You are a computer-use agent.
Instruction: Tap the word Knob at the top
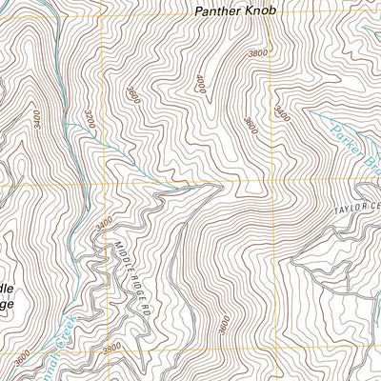[260, 11]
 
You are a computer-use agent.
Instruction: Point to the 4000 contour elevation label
[201, 85]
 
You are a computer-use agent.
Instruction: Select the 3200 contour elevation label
[90, 119]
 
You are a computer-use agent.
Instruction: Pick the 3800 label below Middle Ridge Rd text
[112, 350]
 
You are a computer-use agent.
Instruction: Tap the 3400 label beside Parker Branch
[281, 113]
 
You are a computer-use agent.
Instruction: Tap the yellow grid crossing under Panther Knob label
[271, 179]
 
